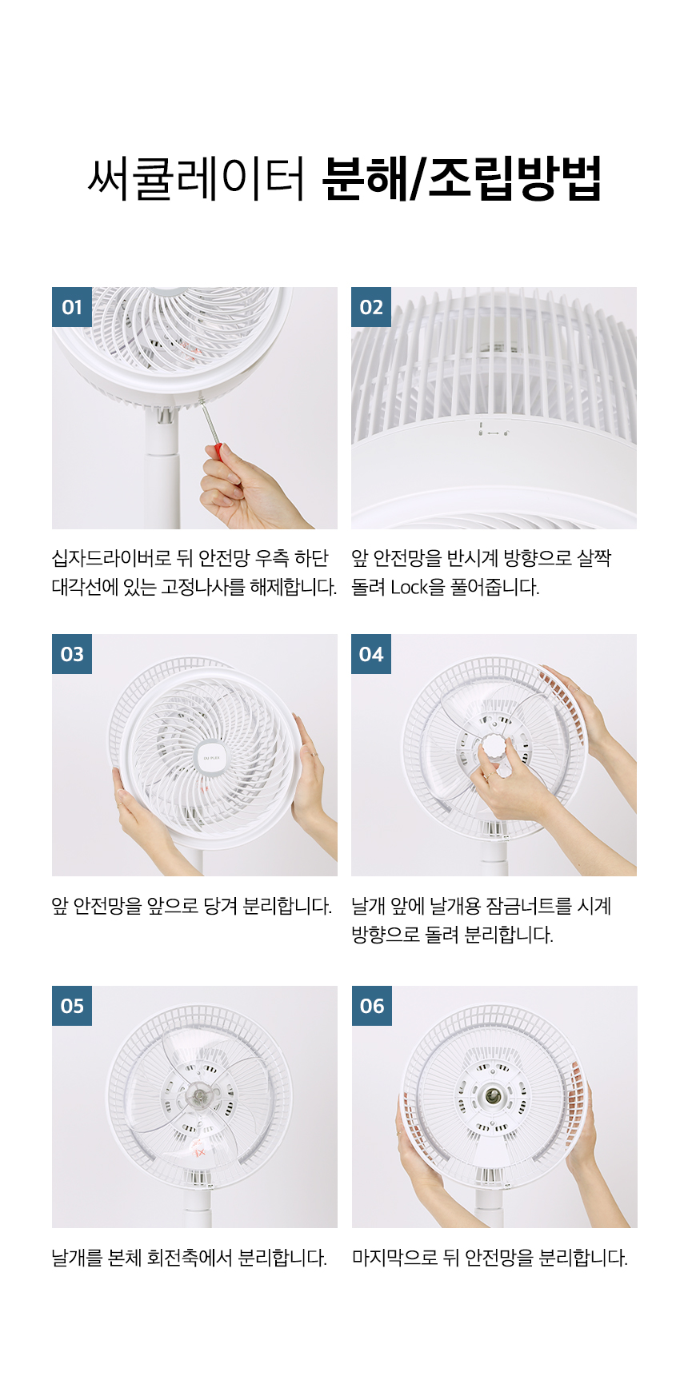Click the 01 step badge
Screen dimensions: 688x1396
(x=72, y=307)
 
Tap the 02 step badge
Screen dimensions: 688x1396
(x=371, y=307)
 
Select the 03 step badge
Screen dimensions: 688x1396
(x=72, y=654)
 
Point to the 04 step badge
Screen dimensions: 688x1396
(x=371, y=654)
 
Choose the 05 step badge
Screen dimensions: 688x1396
(x=72, y=1006)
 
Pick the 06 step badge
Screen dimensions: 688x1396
(x=372, y=1006)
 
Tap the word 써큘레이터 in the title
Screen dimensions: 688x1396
(x=196, y=178)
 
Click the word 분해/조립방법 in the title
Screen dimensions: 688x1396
(x=462, y=178)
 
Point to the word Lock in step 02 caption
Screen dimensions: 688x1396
(x=409, y=587)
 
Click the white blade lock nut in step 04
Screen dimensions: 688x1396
(x=494, y=752)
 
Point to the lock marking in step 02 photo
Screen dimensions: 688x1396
(x=493, y=431)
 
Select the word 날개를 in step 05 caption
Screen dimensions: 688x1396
(x=78, y=1258)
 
